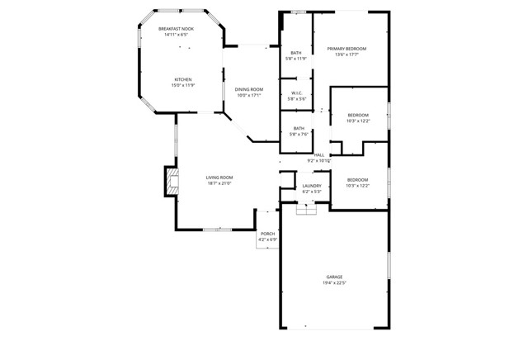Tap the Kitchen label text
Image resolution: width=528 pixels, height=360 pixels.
click(x=182, y=79)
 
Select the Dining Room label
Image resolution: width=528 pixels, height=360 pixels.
click(x=248, y=89)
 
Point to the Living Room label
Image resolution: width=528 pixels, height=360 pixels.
click(x=219, y=177)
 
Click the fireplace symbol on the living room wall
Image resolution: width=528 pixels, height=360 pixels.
click(x=170, y=182)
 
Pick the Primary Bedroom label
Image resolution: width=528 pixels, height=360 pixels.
click(x=346, y=49)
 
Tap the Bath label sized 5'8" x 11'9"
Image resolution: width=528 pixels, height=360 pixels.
click(x=296, y=53)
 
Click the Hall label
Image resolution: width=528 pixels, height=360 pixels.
click(x=318, y=155)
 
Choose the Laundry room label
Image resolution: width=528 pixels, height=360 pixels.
click(x=311, y=186)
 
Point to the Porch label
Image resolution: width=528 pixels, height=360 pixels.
click(x=267, y=234)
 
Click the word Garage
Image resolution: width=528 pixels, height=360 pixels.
click(x=334, y=277)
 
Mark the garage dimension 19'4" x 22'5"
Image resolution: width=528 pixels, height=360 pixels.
click(x=334, y=282)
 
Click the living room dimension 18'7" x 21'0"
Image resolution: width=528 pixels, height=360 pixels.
click(x=219, y=182)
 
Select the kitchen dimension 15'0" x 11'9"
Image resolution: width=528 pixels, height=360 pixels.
click(x=182, y=85)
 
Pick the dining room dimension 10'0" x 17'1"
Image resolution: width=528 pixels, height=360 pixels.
click(x=248, y=95)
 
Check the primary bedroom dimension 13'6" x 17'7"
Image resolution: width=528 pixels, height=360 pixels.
click(x=346, y=54)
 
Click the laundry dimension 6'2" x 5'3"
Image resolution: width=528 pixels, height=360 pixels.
click(x=311, y=192)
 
